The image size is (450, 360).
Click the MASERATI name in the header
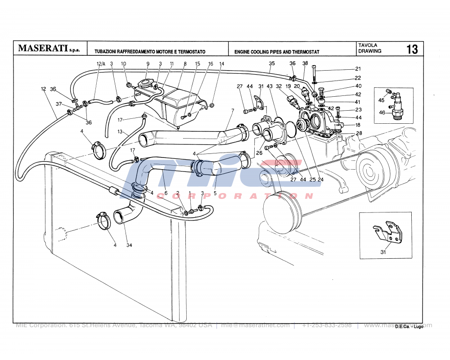click(43, 49)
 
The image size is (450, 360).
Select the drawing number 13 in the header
click(412, 49)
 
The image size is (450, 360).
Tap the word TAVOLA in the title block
click(368, 45)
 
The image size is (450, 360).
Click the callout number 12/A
click(100, 64)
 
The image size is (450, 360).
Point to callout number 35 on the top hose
click(272, 63)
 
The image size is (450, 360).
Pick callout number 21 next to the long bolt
click(358, 69)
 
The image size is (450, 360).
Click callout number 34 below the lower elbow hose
click(129, 246)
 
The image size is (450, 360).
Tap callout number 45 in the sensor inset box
click(381, 100)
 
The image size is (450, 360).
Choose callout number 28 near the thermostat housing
click(359, 133)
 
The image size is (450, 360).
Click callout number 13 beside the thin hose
click(120, 132)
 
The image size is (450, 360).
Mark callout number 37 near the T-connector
click(58, 104)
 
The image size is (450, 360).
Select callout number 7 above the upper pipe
click(233, 111)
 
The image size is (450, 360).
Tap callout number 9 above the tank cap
click(147, 64)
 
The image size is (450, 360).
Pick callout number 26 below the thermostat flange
click(259, 153)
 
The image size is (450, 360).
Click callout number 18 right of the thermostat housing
click(358, 125)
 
